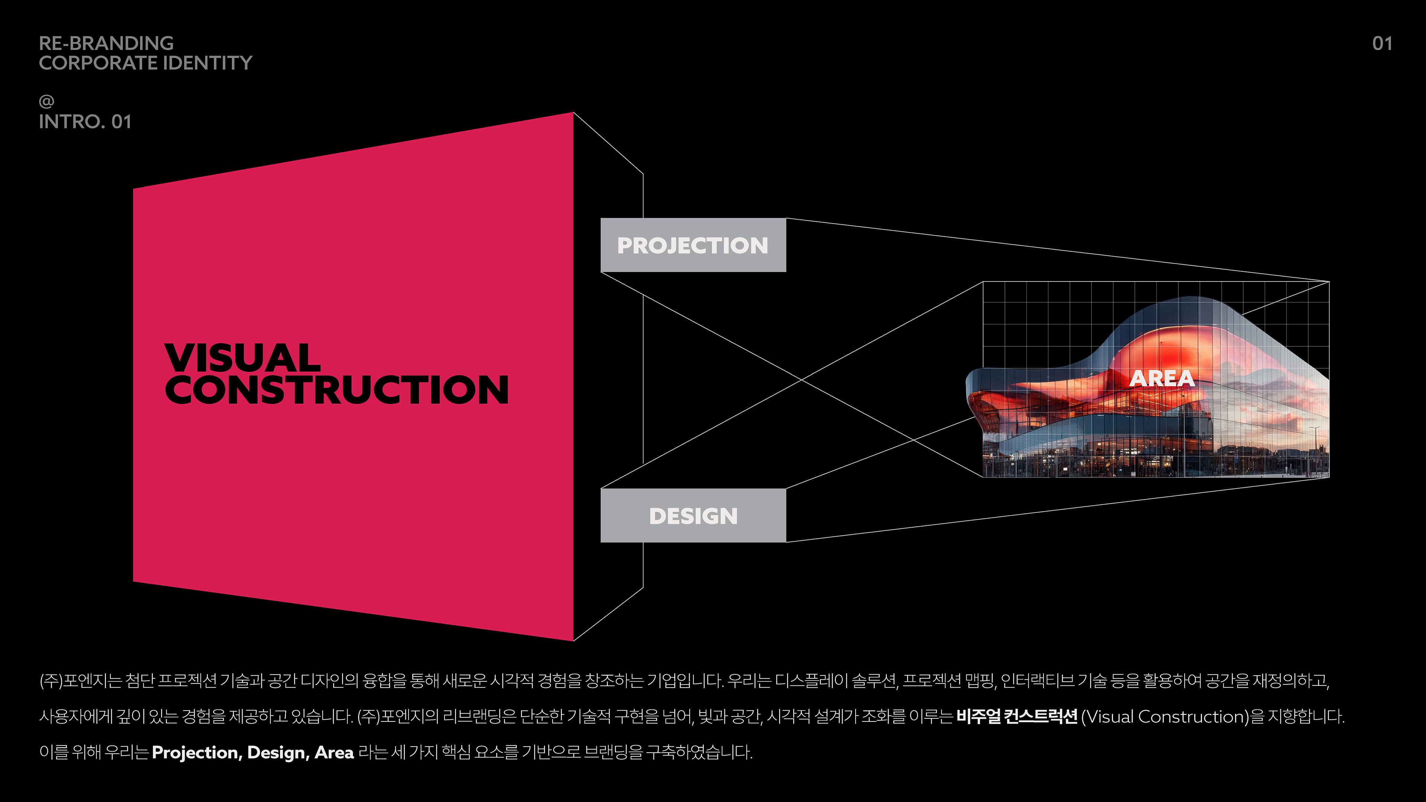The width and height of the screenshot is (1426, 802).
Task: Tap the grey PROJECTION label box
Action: pos(693,245)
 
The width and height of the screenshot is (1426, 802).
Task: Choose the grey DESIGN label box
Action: pos(693,516)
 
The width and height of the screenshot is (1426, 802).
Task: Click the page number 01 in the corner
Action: pos(1382,44)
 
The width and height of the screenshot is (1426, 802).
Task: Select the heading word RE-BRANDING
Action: pos(106,43)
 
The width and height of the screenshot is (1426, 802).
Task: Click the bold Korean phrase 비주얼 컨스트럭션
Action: pos(1016,717)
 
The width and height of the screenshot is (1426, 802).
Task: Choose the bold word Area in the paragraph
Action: pos(334,753)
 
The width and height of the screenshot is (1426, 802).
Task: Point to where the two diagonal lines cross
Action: pos(802,380)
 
